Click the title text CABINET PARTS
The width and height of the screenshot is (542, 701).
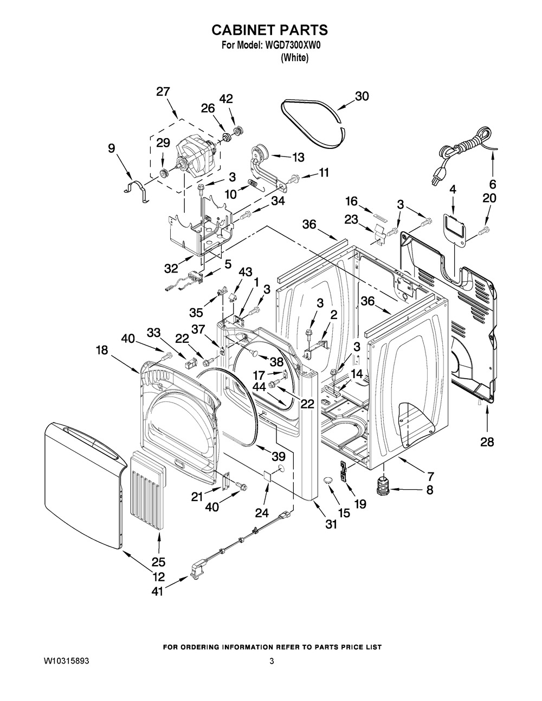point(269,29)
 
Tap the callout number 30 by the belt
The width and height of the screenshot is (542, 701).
point(362,96)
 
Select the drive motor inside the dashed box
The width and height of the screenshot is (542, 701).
point(195,153)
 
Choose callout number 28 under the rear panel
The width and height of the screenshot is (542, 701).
point(487,442)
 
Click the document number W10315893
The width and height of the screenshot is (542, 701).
point(67,661)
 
